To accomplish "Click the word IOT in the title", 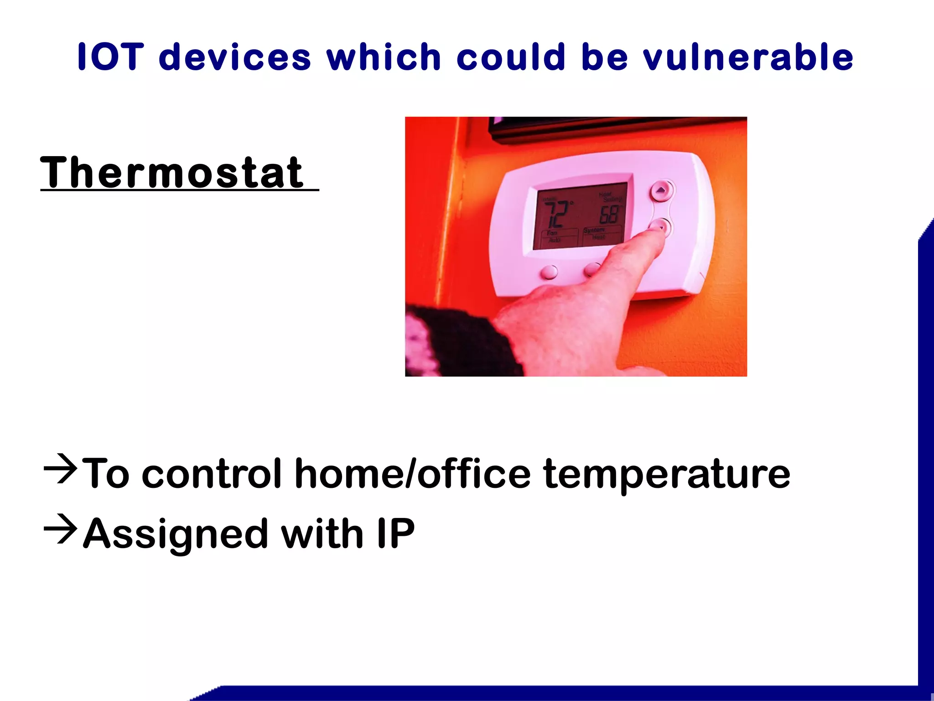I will click(x=110, y=57).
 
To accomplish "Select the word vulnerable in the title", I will click(x=748, y=57).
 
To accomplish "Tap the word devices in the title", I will click(x=235, y=57).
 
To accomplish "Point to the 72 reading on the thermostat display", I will click(x=557, y=214).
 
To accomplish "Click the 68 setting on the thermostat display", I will click(x=609, y=214).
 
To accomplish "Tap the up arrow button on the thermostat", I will click(x=661, y=190).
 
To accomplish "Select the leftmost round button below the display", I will click(x=549, y=272).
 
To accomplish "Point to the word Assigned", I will click(x=176, y=534).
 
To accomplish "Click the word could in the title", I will click(x=511, y=57).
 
